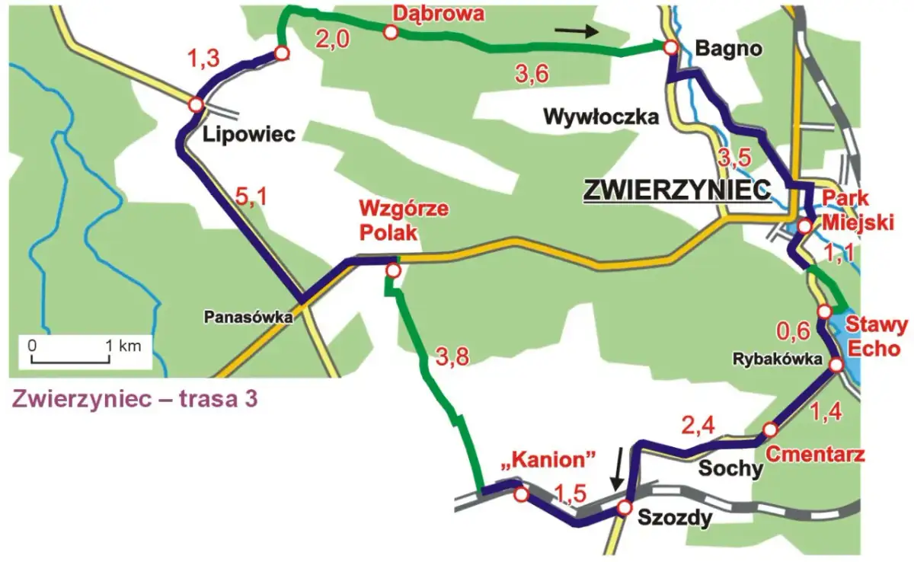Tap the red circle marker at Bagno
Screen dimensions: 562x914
670,48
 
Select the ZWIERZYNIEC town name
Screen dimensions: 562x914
676,190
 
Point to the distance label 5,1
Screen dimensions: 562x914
252,200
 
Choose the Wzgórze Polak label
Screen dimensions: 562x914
391,219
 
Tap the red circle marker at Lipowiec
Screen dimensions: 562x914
196,104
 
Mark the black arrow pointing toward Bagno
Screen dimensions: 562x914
577,30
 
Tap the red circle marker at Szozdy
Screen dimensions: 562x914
624,508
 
